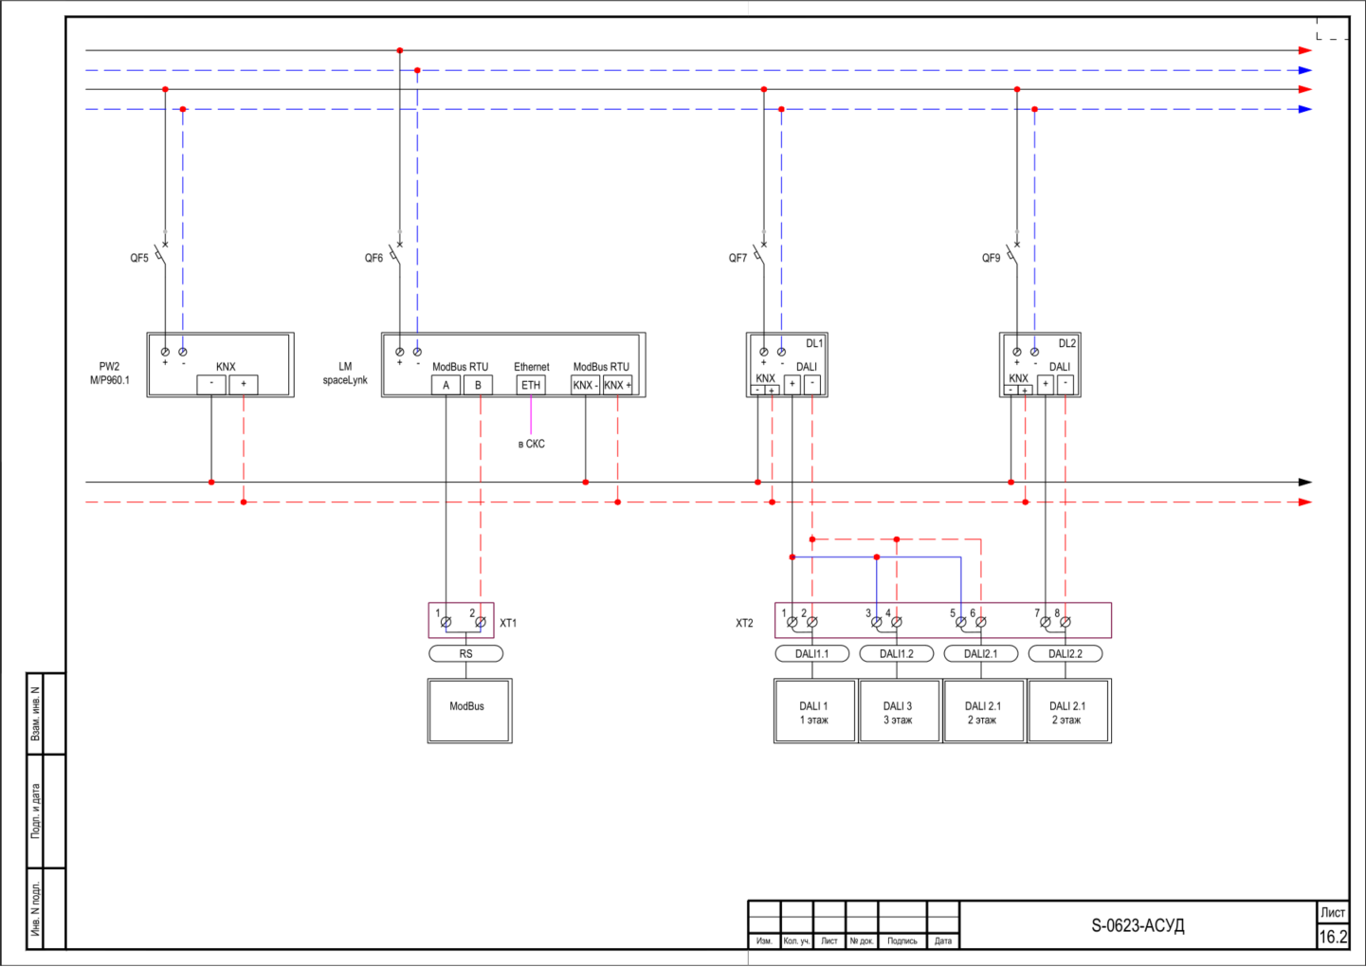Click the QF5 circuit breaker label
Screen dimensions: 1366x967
coord(139,258)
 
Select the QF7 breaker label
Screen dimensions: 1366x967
coord(738,258)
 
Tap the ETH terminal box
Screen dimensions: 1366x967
coord(531,385)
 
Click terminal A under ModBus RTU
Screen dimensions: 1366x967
coord(446,385)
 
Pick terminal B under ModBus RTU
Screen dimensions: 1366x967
coord(478,385)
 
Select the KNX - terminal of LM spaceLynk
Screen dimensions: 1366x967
coord(586,385)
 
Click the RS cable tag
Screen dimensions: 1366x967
coord(465,653)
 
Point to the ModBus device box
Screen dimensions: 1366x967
coord(469,711)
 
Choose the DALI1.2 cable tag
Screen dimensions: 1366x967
coord(897,653)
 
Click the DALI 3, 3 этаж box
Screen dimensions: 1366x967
coord(899,711)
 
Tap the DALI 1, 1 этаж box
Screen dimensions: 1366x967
coord(814,711)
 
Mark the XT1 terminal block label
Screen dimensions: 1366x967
coord(508,623)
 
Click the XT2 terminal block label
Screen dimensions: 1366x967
coord(744,623)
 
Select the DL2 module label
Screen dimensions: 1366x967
coord(1067,343)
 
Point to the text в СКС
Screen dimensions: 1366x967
coord(531,444)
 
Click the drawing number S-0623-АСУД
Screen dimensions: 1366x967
coord(1138,925)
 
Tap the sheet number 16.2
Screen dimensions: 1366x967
coord(1333,937)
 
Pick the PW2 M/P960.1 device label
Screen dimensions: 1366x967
coord(110,374)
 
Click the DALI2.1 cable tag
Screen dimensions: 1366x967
coord(980,653)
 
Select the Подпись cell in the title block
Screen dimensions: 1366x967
coord(902,940)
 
